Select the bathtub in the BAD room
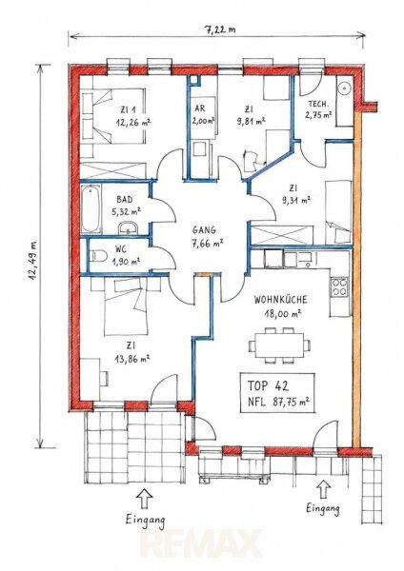click(x=91, y=209)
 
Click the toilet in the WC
click(x=98, y=256)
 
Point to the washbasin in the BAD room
click(x=128, y=227)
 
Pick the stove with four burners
click(x=339, y=287)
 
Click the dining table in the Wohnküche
click(x=280, y=345)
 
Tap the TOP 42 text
click(x=268, y=385)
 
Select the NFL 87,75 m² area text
click(x=278, y=402)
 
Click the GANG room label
click(x=204, y=230)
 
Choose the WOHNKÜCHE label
click(x=280, y=300)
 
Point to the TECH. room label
click(x=318, y=104)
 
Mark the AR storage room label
click(x=200, y=108)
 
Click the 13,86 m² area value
click(x=132, y=359)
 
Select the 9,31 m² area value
click(x=295, y=200)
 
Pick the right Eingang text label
click(x=323, y=508)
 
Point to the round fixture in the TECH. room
click(x=343, y=88)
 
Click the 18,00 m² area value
click(x=283, y=313)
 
